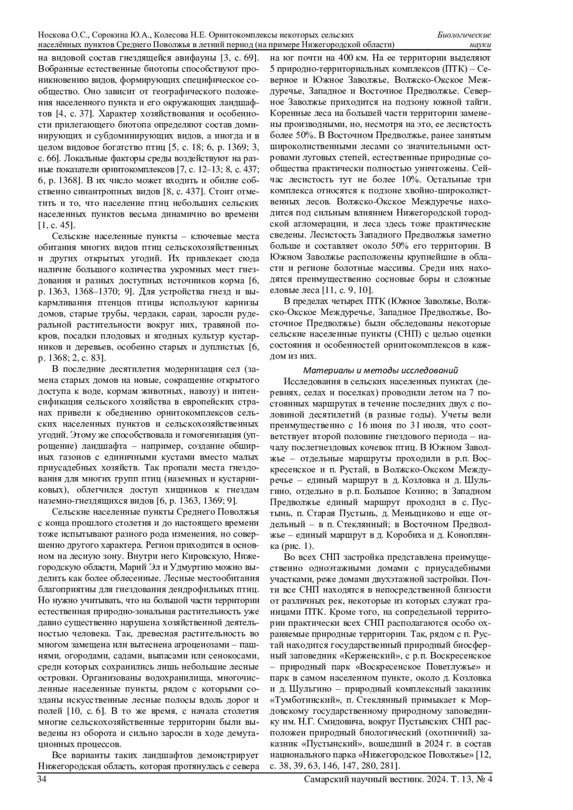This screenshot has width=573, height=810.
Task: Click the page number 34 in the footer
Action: [42, 779]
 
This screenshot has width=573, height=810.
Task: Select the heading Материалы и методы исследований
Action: [381, 370]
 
